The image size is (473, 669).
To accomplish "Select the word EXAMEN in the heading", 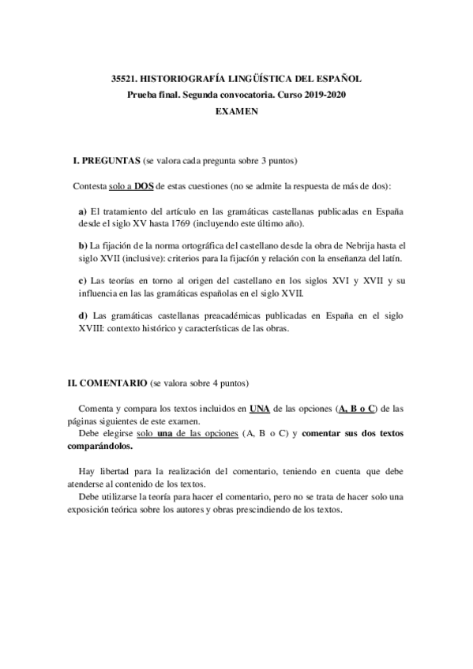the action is pos(236,111).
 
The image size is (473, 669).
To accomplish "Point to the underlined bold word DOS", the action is pos(143,186).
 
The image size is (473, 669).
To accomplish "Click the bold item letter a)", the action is pos(83,212).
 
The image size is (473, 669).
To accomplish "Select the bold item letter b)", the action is pos(83,246).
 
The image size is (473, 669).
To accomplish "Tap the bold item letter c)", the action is pos(83,280).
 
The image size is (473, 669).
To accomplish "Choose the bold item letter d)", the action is pos(83,315).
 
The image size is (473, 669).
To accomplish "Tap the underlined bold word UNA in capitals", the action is pos(258,408).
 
